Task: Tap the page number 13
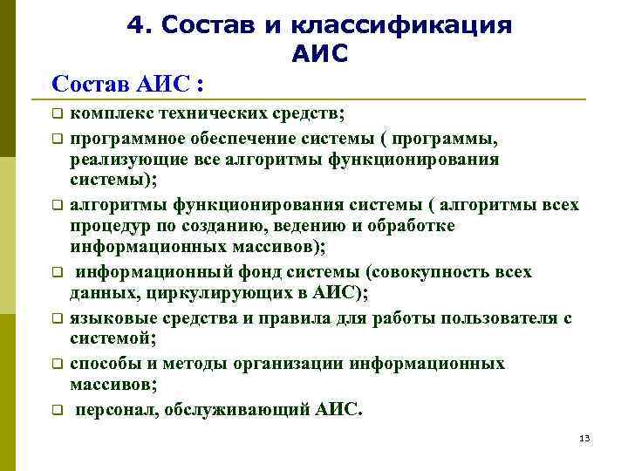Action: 584,438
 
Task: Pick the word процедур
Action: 107,226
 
